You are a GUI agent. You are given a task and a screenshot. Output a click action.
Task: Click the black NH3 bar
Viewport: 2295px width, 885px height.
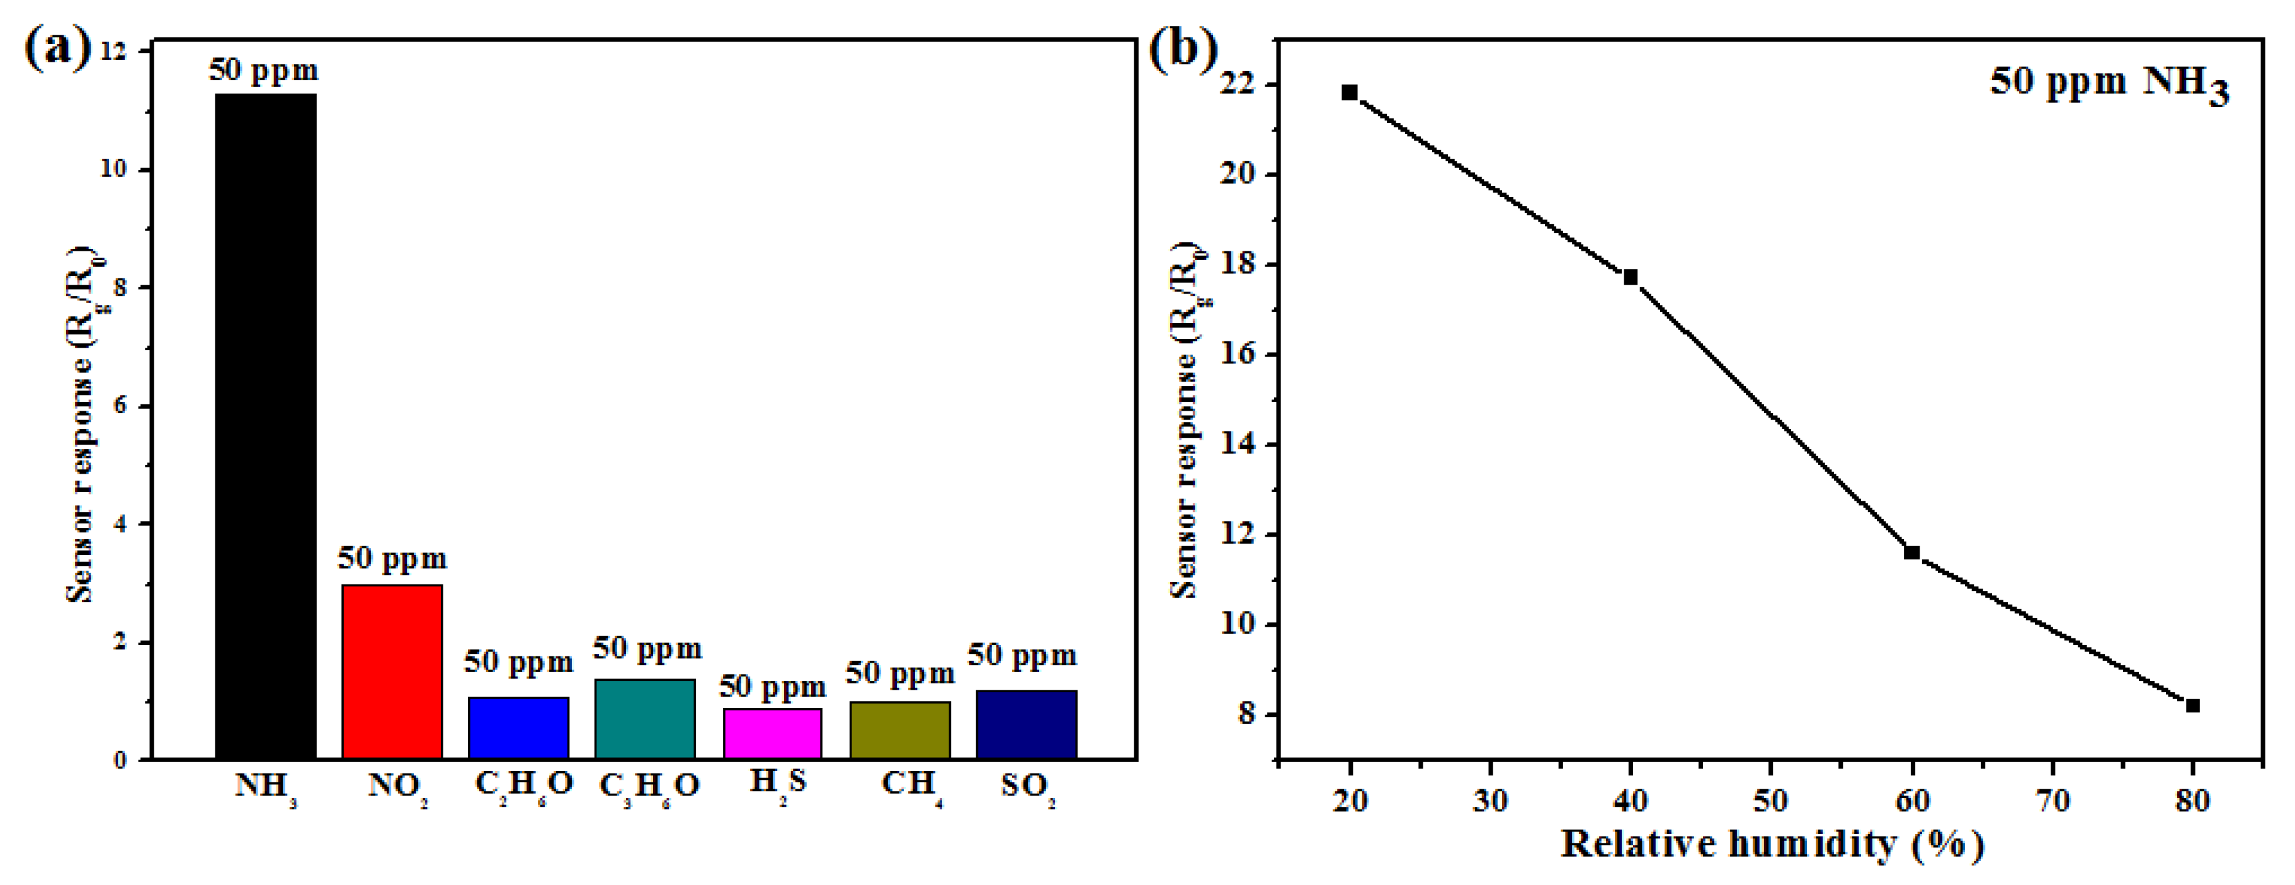pyautogui.click(x=266, y=426)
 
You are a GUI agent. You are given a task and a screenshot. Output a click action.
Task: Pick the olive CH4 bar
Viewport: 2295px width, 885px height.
pyautogui.click(x=900, y=730)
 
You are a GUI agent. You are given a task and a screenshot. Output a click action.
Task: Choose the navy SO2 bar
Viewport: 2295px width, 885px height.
pyautogui.click(x=1027, y=724)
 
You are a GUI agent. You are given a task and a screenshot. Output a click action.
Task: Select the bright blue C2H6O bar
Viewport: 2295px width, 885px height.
pyautogui.click(x=518, y=728)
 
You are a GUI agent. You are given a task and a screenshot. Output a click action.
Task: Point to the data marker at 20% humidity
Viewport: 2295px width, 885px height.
pyautogui.click(x=1349, y=93)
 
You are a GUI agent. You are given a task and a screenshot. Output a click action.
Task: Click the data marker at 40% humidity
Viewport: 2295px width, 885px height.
pyautogui.click(x=1631, y=277)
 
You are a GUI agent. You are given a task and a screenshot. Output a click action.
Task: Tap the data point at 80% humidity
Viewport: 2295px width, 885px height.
pyautogui.click(x=2192, y=706)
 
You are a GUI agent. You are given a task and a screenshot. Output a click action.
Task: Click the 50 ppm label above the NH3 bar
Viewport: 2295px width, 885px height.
pyautogui.click(x=264, y=69)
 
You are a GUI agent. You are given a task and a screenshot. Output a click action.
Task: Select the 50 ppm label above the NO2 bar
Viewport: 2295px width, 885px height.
pyautogui.click(x=392, y=559)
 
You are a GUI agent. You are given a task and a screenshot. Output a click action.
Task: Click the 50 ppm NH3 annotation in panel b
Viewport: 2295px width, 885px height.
pyautogui.click(x=2109, y=84)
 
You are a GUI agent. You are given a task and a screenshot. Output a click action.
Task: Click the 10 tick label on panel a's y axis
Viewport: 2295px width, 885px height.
pyautogui.click(x=113, y=169)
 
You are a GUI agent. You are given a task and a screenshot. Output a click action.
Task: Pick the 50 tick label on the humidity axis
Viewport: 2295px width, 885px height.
pyautogui.click(x=1770, y=801)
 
